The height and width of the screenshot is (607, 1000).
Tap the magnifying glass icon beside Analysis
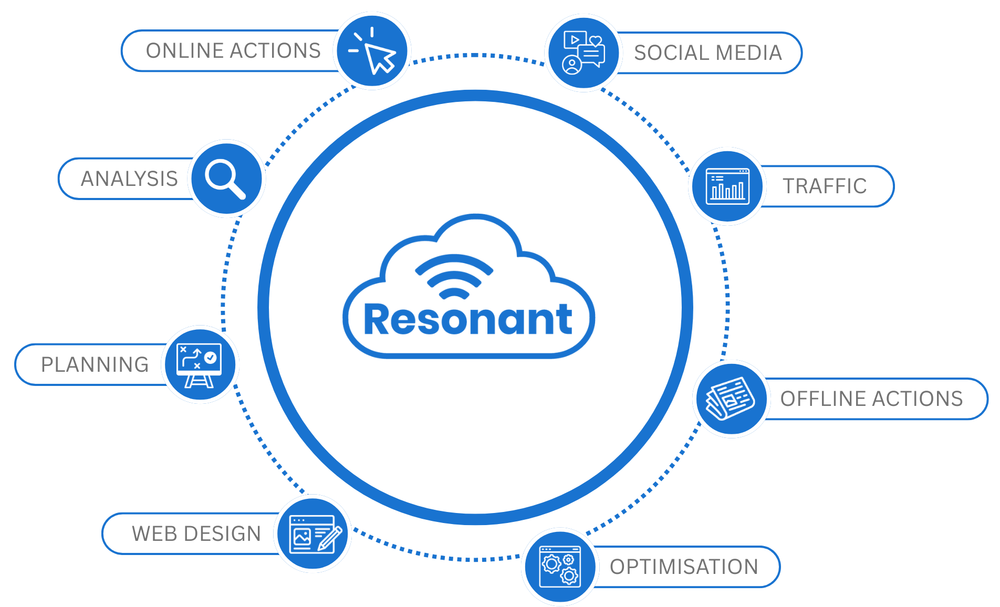pyautogui.click(x=226, y=179)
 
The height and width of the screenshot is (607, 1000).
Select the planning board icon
pyautogui.click(x=200, y=364)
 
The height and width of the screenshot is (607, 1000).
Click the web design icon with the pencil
pyautogui.click(x=313, y=533)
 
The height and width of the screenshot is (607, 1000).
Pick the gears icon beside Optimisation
pyautogui.click(x=560, y=567)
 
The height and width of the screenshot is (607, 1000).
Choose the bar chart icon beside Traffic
pyautogui.click(x=727, y=186)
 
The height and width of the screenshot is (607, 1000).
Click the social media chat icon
pyautogui.click(x=583, y=53)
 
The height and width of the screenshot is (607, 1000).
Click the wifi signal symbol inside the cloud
pyautogui.click(x=454, y=276)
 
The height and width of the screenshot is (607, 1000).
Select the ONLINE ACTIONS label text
pyautogui.click(x=233, y=51)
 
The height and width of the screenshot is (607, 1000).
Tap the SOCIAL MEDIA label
pyautogui.click(x=708, y=53)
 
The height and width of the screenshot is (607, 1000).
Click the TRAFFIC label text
pyautogui.click(x=825, y=186)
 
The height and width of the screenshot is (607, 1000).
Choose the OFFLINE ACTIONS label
pyautogui.click(x=871, y=399)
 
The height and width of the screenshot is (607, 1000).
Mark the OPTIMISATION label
pyautogui.click(x=684, y=567)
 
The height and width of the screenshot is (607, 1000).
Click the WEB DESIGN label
pyautogui.click(x=196, y=534)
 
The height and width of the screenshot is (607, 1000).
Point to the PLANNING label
pyautogui.click(x=95, y=365)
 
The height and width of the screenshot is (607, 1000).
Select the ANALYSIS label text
pyautogui.click(x=129, y=179)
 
